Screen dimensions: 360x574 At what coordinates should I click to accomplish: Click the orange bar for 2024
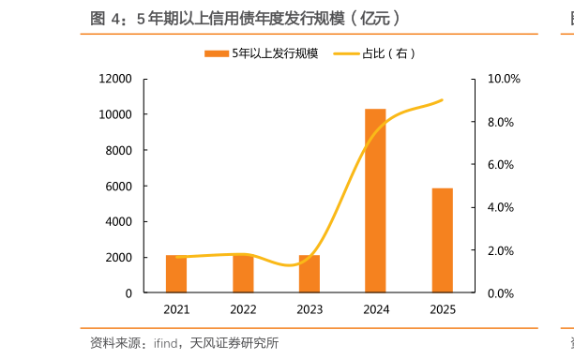(375, 201)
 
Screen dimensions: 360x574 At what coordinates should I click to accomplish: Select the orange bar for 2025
(442, 240)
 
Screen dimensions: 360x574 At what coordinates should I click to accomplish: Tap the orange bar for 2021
(176, 274)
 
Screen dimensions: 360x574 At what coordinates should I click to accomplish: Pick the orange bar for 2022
(243, 274)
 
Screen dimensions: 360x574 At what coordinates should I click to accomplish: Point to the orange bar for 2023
(310, 274)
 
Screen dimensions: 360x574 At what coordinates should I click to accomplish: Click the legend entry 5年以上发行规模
(262, 53)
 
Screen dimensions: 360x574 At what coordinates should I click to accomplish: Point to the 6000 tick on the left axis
(119, 186)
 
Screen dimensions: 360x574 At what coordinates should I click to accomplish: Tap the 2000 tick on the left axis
(119, 257)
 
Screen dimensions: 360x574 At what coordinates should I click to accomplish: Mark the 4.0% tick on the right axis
(500, 207)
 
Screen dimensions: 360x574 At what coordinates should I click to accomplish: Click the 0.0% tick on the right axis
(500, 292)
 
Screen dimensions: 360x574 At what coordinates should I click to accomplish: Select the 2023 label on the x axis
(310, 309)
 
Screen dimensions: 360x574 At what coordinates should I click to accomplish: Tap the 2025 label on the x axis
(442, 309)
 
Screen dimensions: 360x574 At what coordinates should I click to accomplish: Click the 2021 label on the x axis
(176, 309)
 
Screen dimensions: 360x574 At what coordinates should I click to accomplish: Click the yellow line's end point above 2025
(443, 99)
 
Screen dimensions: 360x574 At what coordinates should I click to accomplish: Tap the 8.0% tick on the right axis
(500, 122)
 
